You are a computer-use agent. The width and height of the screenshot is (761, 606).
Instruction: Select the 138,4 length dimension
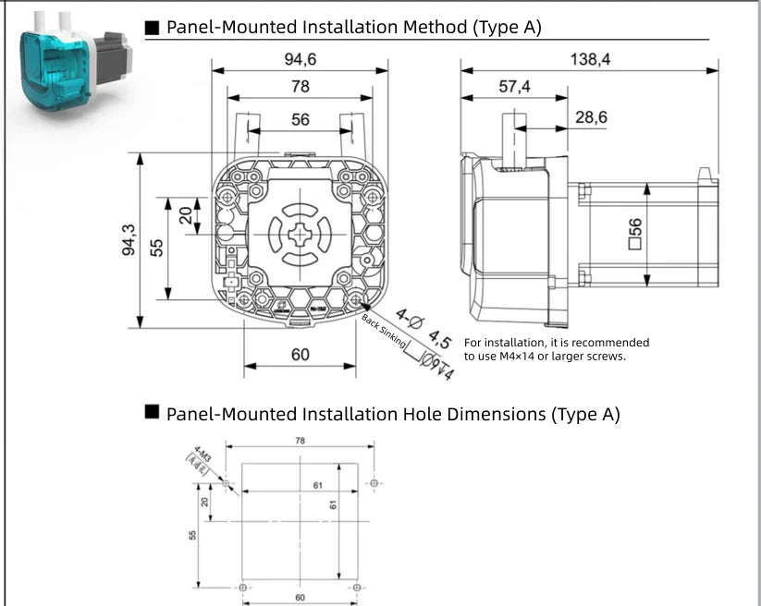591,59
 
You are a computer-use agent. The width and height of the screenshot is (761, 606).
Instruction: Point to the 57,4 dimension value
514,87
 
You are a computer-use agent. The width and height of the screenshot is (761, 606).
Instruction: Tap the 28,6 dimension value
591,117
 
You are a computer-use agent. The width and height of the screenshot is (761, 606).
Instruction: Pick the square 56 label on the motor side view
635,235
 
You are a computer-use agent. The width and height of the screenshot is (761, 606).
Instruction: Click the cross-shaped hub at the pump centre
301,235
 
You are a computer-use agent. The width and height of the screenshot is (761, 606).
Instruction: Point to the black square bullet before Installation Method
153,27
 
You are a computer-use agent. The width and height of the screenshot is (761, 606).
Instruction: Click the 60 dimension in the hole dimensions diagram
300,597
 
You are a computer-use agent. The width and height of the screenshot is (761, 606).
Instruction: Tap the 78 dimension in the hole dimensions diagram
300,441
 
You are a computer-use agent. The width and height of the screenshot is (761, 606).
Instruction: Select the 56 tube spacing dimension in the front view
301,120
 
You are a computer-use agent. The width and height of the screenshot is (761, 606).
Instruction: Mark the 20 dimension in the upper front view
186,215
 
